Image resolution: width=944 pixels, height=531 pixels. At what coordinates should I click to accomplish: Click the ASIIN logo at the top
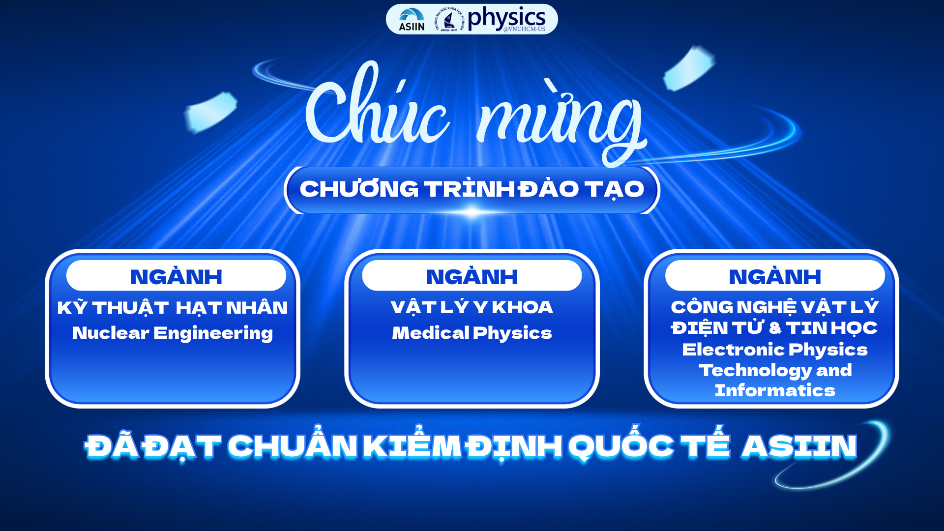(412, 20)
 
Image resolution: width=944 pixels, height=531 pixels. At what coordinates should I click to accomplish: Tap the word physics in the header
(506, 18)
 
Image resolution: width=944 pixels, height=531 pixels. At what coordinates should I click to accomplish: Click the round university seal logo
(449, 20)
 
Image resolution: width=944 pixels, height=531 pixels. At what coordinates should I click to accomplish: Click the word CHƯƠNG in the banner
(359, 189)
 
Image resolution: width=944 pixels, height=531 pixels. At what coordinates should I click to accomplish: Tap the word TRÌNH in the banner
(470, 188)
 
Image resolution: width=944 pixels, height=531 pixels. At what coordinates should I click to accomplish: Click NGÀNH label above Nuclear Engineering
(176, 276)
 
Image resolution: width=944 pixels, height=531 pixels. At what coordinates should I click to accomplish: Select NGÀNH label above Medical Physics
(472, 276)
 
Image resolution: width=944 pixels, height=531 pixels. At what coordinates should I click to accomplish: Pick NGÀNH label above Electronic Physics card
(775, 276)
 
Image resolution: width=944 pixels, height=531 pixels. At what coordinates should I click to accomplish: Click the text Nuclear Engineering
(172, 333)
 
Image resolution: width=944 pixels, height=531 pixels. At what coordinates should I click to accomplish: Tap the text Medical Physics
(472, 333)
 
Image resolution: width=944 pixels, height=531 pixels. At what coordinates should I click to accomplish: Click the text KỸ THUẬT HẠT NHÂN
(172, 308)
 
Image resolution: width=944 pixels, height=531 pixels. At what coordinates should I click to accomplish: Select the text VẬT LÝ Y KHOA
(472, 307)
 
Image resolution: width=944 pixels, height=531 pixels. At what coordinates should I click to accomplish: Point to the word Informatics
(775, 390)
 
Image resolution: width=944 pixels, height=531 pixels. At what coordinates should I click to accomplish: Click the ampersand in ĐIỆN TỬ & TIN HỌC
(775, 328)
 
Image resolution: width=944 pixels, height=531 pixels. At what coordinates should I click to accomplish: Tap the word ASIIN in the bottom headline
(799, 446)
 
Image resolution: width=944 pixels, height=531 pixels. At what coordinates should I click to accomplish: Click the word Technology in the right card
(755, 371)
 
